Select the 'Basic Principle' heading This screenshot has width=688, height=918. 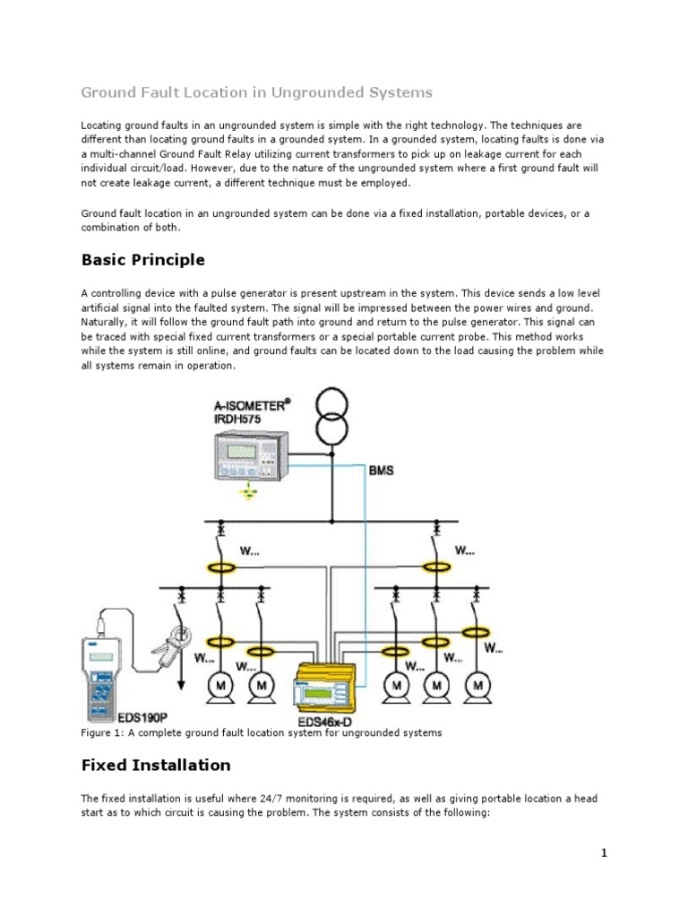pyautogui.click(x=142, y=260)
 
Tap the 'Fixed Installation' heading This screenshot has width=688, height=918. pyautogui.click(x=156, y=765)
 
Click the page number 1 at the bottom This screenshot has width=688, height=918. pyautogui.click(x=604, y=853)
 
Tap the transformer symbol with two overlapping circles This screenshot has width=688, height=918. pyautogui.click(x=331, y=417)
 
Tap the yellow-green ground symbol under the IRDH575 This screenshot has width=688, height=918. pyautogui.click(x=250, y=491)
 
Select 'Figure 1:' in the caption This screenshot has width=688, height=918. pyautogui.click(x=105, y=732)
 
